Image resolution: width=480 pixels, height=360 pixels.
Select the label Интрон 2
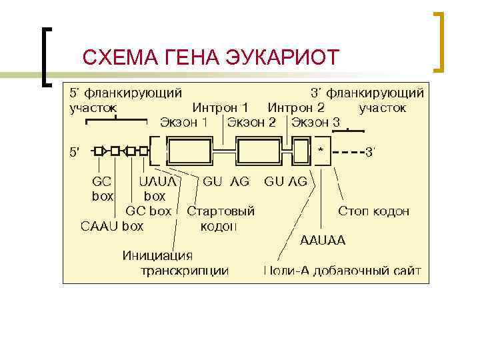(x=296, y=107)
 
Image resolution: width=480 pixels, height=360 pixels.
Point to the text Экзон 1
(x=184, y=123)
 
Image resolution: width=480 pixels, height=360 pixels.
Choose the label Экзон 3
(x=317, y=123)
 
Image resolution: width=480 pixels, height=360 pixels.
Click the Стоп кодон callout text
(x=374, y=211)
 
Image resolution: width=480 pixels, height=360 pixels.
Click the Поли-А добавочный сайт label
(x=343, y=271)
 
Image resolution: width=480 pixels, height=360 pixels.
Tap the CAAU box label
(x=112, y=226)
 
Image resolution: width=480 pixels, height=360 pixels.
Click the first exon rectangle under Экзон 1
(x=192, y=151)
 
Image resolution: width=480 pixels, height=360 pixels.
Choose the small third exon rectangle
(x=301, y=151)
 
